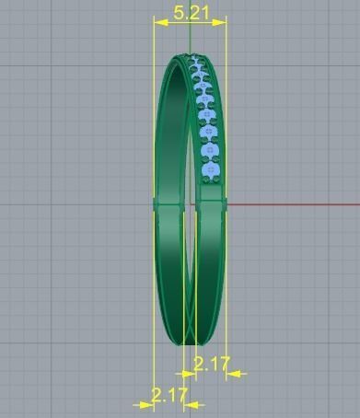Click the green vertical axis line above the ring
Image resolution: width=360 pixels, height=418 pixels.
coord(190,37)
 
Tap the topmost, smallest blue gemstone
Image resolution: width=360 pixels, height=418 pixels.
coord(194,60)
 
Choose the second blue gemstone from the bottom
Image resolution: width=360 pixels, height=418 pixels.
coord(211,149)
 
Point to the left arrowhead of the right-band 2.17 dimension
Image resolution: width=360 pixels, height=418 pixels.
coord(189,374)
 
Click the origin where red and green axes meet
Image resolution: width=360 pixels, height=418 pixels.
coord(190,203)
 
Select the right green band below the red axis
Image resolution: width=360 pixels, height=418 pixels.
coord(213,267)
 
